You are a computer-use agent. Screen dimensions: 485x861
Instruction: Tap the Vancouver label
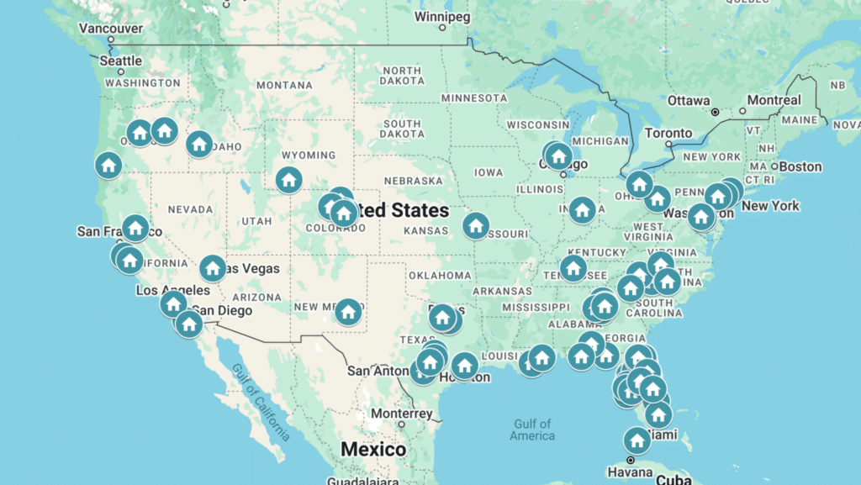110,28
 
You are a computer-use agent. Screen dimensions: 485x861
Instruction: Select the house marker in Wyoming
288,178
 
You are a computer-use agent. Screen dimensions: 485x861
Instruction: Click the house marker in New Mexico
348,312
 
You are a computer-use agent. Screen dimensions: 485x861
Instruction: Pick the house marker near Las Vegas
212,268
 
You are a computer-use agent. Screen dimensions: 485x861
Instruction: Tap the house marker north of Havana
637,440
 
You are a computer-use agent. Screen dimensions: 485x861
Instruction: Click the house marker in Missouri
476,224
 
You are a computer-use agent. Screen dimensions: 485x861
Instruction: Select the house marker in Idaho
199,144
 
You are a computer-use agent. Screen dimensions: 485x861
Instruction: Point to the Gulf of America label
532,430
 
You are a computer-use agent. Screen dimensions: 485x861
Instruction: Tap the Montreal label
774,100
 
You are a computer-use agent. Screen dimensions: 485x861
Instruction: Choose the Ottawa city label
689,100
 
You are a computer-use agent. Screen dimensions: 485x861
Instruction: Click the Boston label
800,166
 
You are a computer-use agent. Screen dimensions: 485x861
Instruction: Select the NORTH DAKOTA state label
400,76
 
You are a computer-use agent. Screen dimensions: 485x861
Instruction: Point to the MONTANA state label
284,85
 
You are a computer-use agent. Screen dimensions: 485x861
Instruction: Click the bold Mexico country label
372,450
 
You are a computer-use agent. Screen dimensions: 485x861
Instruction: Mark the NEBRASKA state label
413,181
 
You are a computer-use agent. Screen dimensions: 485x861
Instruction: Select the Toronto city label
668,133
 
